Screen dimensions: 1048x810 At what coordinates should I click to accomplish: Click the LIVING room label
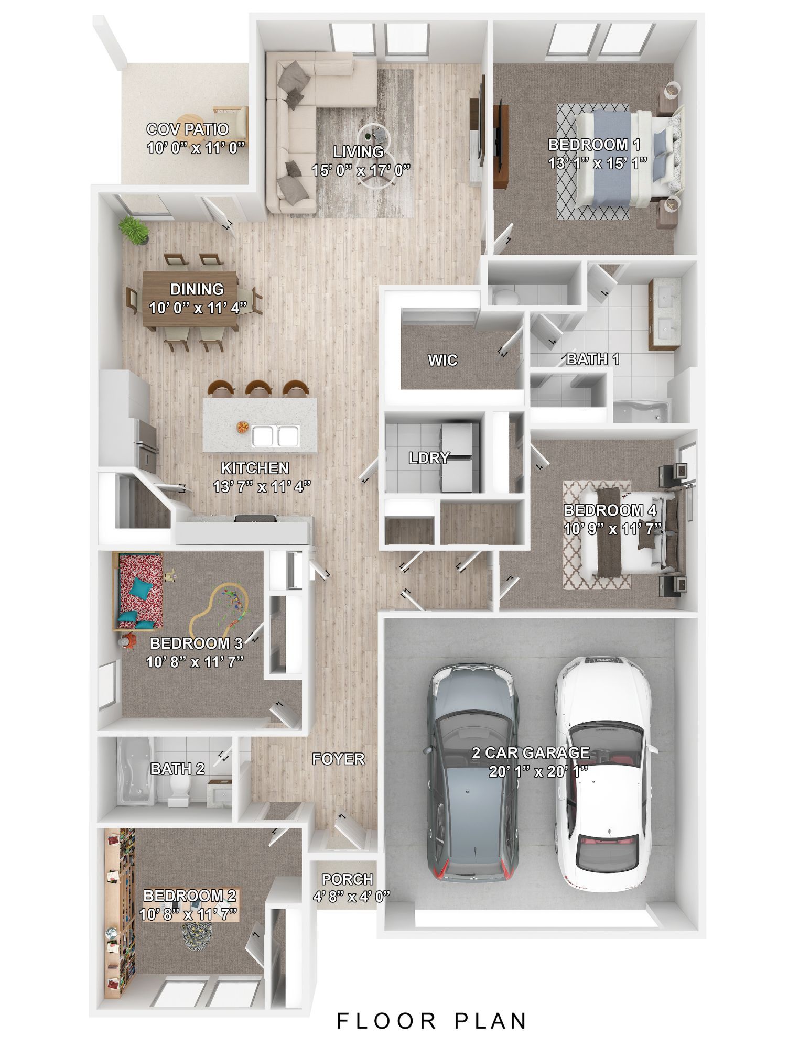358,152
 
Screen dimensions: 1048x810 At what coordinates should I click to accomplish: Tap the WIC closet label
442,360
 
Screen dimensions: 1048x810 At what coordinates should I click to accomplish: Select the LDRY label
429,458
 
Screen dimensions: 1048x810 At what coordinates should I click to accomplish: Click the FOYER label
338,758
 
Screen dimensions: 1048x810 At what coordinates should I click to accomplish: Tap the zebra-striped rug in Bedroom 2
198,932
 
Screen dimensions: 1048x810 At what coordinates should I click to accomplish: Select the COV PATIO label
187,129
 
